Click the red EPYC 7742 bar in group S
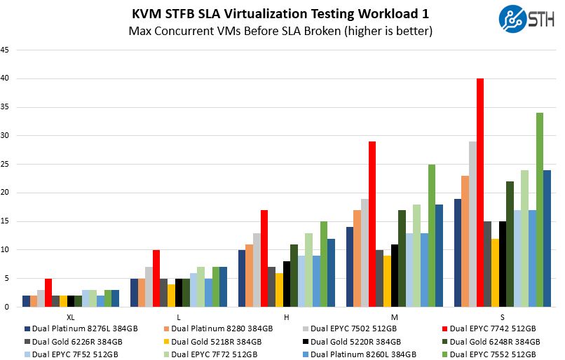[x=480, y=193]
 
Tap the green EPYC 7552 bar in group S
[x=540, y=209]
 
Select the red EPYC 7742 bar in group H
[x=264, y=258]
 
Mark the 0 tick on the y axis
[x=7, y=307]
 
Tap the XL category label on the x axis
[x=71, y=317]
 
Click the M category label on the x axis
[x=394, y=317]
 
